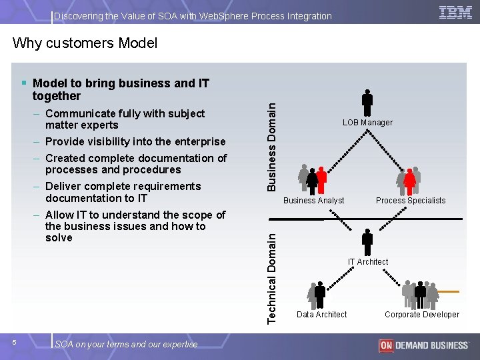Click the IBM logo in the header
[x=455, y=12]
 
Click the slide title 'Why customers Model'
[x=85, y=43]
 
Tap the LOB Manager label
[x=367, y=123]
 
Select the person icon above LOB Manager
[x=367, y=103]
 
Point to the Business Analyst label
[x=314, y=201]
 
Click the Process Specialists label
[x=411, y=201]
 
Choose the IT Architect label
[x=367, y=262]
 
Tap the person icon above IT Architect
[x=367, y=241]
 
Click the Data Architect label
[x=321, y=315]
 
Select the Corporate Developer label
[x=422, y=315]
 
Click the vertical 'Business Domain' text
[x=272, y=139]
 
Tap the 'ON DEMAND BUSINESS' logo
[x=423, y=345]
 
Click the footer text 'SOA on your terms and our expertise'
[x=126, y=345]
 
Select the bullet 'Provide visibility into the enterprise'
[x=135, y=141]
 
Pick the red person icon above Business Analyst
[x=321, y=179]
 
